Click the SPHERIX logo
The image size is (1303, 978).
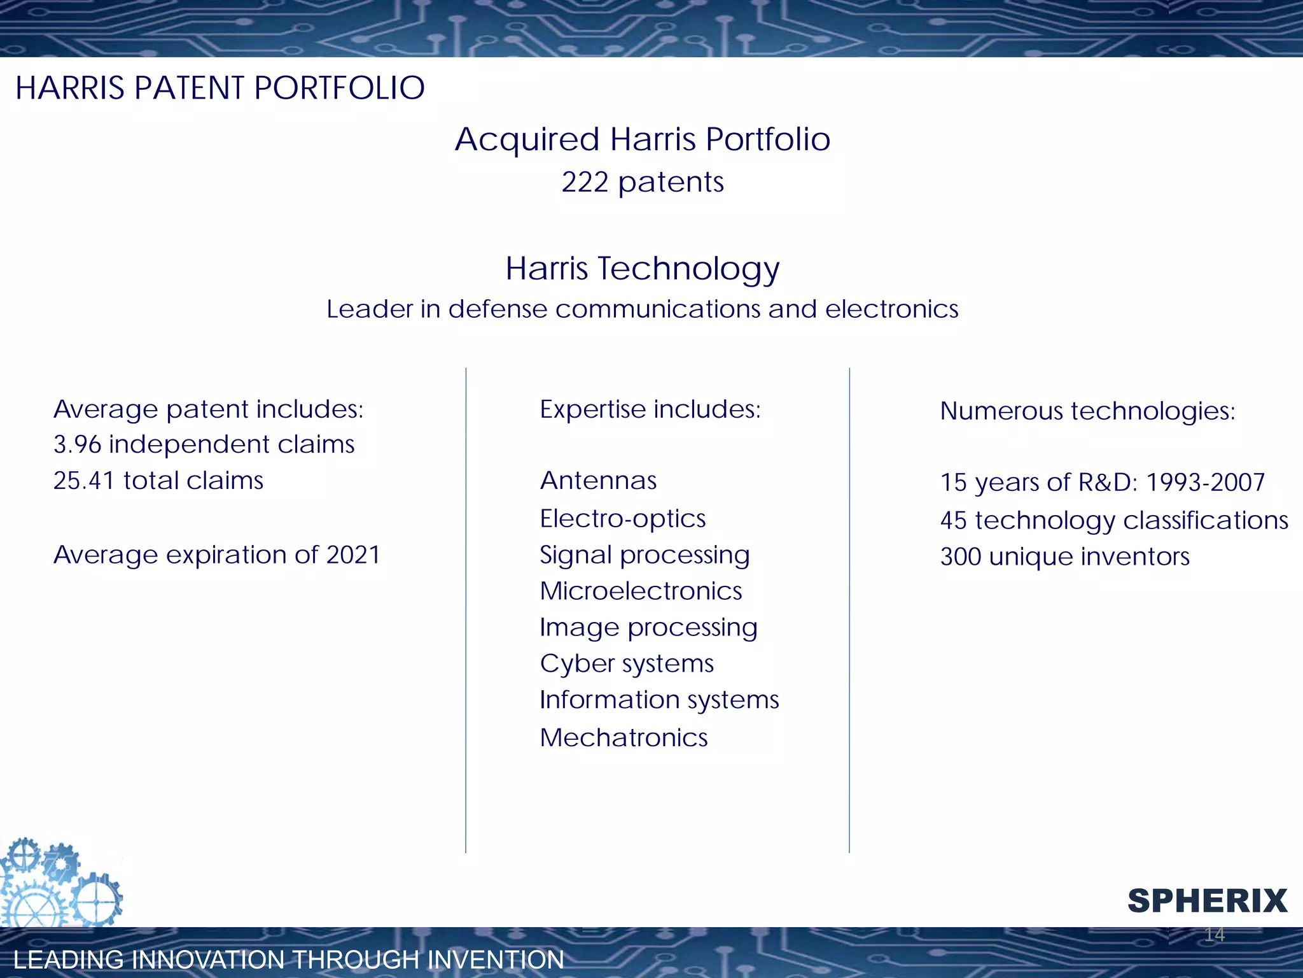tap(1207, 901)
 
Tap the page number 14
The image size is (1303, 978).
tap(1214, 935)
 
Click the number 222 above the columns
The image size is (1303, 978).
tap(585, 183)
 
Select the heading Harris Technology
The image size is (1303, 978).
tap(642, 269)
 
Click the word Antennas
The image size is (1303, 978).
tap(598, 481)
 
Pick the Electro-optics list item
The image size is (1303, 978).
tap(622, 518)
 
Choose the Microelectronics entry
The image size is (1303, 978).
tap(640, 591)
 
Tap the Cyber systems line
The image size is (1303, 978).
tap(627, 663)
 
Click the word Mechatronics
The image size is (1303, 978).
tap(624, 738)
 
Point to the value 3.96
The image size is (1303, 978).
tap(77, 444)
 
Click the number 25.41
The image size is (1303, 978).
tap(83, 481)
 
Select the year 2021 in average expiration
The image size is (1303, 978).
tap(353, 555)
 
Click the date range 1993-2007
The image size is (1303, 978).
tap(1205, 483)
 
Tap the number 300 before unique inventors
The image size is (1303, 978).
tap(961, 557)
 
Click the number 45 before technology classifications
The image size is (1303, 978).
tap(953, 521)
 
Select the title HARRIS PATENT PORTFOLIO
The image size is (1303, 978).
tap(219, 88)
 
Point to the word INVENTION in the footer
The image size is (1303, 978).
tap(496, 960)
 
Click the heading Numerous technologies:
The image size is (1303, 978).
tap(1087, 411)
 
